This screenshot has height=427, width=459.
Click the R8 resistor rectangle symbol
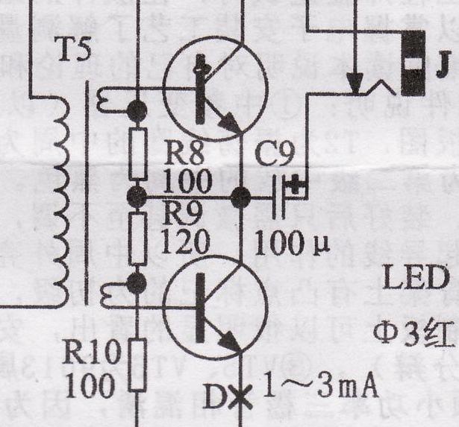tap(137, 155)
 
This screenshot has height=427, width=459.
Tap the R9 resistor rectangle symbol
tap(137, 238)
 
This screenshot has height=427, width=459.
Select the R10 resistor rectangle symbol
tap(137, 363)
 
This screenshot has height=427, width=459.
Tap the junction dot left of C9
tap(240, 197)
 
